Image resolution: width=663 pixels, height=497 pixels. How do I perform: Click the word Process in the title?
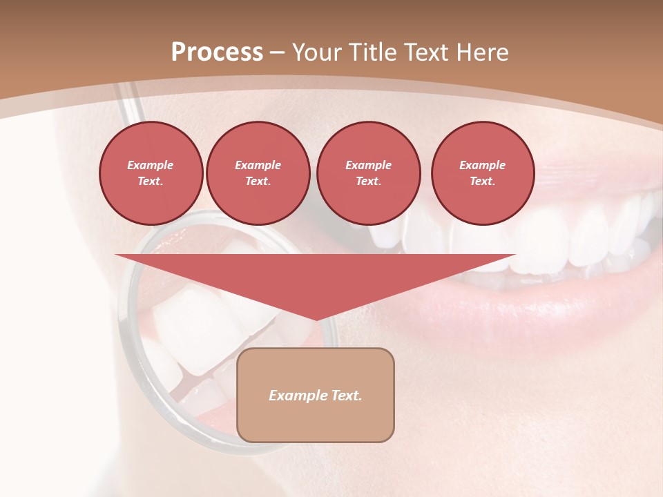(x=217, y=52)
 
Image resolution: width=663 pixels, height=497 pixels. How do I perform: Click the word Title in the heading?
(x=372, y=52)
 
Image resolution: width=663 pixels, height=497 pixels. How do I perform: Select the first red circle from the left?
(x=151, y=173)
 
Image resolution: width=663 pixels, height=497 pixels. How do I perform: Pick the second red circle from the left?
(x=258, y=173)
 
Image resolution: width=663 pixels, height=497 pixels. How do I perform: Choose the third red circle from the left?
(x=368, y=173)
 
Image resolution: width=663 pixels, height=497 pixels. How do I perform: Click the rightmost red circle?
(x=483, y=173)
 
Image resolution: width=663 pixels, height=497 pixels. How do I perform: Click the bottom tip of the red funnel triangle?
(x=316, y=319)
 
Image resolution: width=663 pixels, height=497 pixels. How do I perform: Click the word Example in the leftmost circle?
(x=151, y=165)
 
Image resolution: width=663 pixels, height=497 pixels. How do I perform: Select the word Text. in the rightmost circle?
(x=483, y=182)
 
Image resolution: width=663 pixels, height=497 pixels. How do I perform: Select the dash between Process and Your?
(x=278, y=52)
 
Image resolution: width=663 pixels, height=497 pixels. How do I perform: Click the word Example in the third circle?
(x=368, y=165)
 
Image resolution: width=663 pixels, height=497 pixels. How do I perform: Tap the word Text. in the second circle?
(x=258, y=182)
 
